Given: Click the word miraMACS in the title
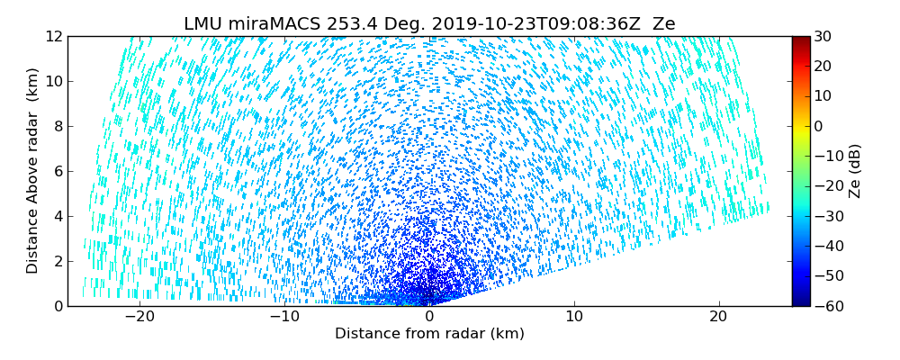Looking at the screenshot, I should coord(268,24).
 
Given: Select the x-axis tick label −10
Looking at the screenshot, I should coord(284,317).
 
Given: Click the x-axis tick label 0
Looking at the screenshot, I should coord(429,317).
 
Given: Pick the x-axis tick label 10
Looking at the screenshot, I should coord(574,317).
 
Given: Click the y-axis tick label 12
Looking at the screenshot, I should coord(53,36).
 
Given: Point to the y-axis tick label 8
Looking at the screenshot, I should coord(57,126).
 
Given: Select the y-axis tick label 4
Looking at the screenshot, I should coord(57,216).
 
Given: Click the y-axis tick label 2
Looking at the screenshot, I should coord(57,261).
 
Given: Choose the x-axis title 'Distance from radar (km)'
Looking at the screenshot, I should coord(429,334).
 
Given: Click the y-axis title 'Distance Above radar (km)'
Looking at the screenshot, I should coord(33,171).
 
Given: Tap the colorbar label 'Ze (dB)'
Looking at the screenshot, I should coord(855,171).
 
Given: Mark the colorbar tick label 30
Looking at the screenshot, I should coord(823,36).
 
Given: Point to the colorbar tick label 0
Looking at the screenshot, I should coord(819,126).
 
